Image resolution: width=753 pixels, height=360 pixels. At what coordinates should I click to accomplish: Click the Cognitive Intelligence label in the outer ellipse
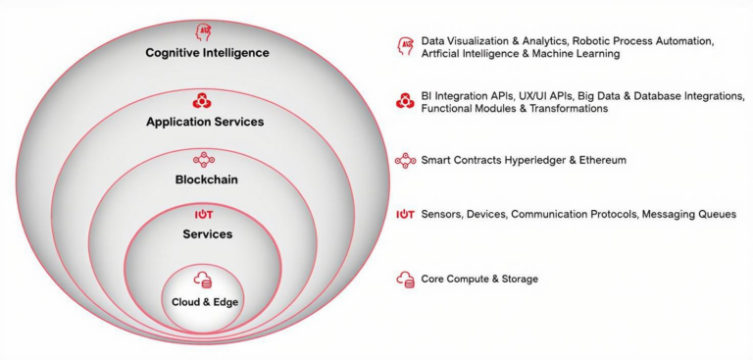207,52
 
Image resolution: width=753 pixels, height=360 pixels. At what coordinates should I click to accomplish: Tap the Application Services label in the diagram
205,123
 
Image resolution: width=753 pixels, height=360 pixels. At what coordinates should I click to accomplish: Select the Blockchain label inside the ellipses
206,180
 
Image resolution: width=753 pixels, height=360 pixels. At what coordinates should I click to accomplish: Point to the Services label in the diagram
207,234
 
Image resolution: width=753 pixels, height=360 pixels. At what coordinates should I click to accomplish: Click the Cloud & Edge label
205,301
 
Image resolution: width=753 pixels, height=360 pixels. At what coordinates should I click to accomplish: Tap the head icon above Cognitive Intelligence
205,31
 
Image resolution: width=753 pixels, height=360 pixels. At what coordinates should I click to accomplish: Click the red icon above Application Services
203,100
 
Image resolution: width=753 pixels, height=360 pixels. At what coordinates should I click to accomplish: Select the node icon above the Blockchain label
205,158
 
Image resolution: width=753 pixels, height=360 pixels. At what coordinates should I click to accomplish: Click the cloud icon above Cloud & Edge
204,280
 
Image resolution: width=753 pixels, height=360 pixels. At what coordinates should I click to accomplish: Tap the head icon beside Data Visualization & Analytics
404,46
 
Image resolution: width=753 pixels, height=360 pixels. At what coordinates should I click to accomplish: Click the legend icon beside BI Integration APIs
404,101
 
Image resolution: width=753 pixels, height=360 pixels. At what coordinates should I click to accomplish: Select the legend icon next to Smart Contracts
404,159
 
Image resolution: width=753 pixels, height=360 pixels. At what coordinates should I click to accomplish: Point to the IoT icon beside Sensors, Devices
404,214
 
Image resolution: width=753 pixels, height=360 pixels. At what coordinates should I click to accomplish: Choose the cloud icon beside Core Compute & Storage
405,280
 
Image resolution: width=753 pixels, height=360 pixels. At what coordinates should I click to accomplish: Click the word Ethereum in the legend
599,159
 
